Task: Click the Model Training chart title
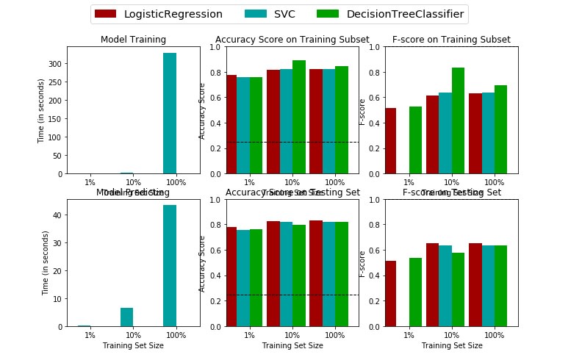pos(133,40)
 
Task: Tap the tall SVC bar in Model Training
pos(170,113)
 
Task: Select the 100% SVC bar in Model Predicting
pos(170,265)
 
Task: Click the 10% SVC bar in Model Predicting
pos(127,317)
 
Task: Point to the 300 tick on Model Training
pos(56,64)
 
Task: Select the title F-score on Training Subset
pos(451,40)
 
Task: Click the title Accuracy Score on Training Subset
pos(287,40)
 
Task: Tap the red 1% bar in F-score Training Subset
pos(390,140)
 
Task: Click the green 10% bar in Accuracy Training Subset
pos(299,117)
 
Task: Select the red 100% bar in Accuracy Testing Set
pos(316,273)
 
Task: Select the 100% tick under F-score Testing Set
pos(495,335)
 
